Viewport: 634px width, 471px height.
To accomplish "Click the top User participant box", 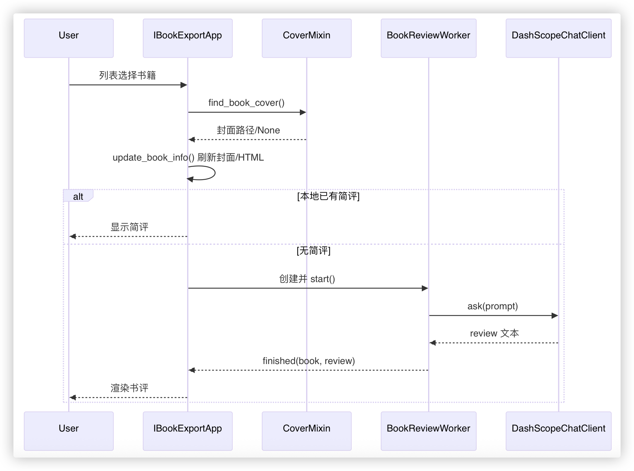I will (x=69, y=38).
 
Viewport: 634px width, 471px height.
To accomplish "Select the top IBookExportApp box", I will (x=188, y=38).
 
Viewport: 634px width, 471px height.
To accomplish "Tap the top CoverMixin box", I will (x=307, y=38).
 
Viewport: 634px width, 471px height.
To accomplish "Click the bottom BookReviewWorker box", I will (x=429, y=431).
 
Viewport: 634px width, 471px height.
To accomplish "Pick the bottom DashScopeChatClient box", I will (x=558, y=431).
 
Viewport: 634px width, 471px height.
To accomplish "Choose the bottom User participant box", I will (x=69, y=431).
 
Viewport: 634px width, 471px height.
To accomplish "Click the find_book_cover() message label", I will (x=246, y=103).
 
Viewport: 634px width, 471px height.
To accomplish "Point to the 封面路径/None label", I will (x=248, y=130).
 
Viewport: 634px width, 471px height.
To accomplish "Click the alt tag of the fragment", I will (x=78, y=196).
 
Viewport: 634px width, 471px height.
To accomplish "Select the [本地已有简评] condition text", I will (x=328, y=196).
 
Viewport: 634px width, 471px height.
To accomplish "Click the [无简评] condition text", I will (x=313, y=251).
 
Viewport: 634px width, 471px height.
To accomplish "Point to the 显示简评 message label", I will (x=129, y=227).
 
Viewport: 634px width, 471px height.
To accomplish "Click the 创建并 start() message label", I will (x=307, y=279).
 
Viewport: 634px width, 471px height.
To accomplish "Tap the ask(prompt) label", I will (x=493, y=306).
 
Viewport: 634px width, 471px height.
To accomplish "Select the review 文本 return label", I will (x=494, y=333).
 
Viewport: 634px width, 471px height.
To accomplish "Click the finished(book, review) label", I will (x=308, y=361).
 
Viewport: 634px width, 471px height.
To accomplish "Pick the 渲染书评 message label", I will (x=129, y=388).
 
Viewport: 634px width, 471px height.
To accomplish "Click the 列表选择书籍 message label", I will (x=128, y=75).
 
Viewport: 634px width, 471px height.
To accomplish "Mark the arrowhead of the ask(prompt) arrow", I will (x=555, y=316).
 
